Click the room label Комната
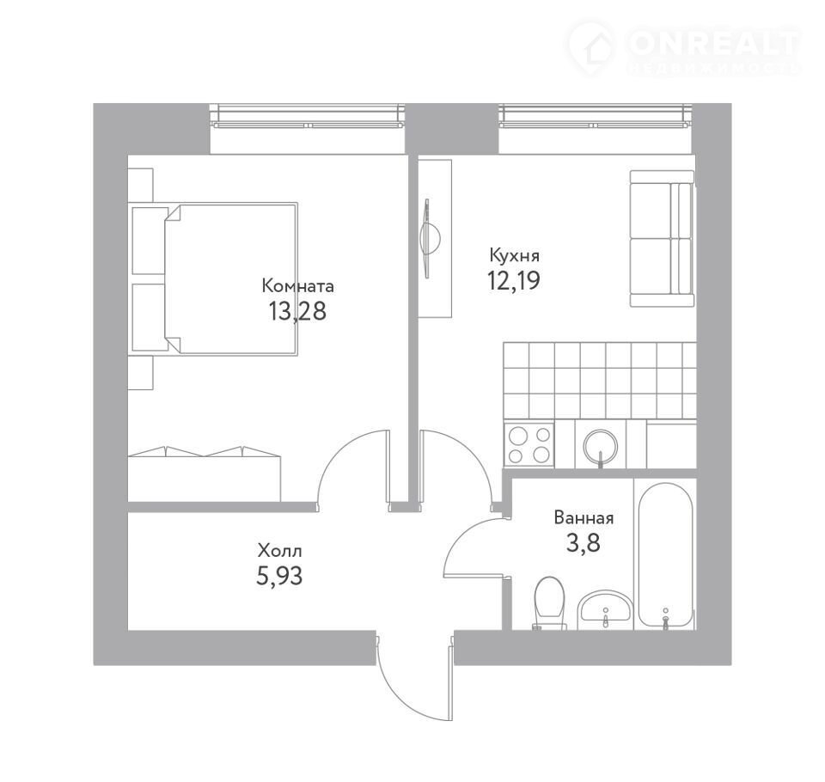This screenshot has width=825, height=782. [298, 286]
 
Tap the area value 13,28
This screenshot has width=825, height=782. [297, 311]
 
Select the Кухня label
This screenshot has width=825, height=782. [514, 256]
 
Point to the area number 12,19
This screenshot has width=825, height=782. [514, 280]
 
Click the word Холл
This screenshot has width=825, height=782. [279, 551]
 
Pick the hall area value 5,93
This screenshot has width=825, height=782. [279, 576]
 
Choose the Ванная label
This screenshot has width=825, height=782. [584, 518]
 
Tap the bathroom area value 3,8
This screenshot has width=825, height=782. [583, 542]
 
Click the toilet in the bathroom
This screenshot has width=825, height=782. [549, 603]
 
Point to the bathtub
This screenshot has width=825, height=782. [665, 556]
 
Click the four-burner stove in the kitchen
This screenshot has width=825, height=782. [529, 444]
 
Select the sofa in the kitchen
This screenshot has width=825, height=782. [662, 238]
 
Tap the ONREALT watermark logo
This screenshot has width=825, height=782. [684, 48]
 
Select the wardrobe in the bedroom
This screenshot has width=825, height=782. [205, 473]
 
